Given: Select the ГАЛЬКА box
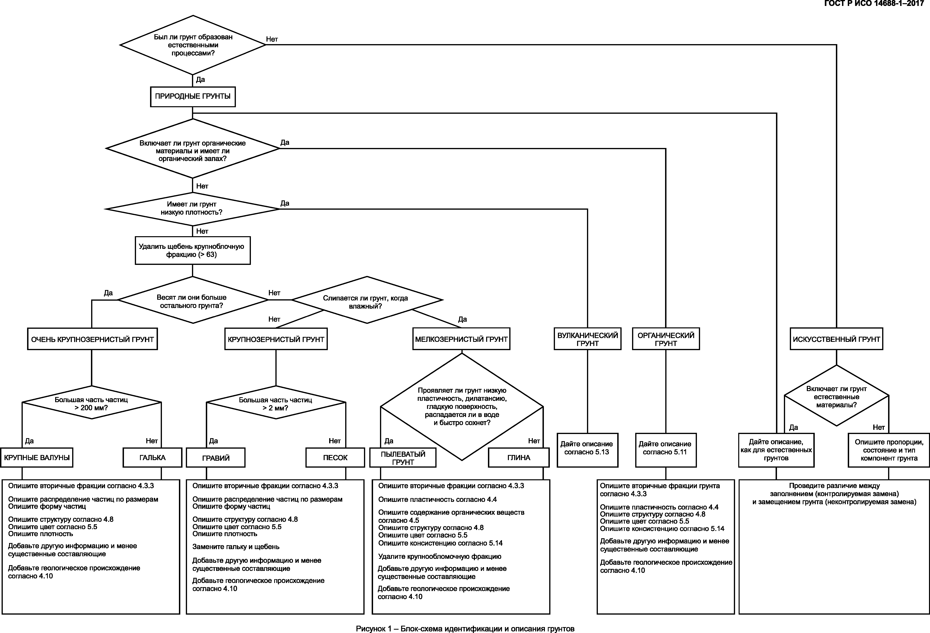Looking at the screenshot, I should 152,458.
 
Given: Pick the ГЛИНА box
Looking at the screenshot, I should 519,458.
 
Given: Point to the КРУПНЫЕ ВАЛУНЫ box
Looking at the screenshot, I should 37,458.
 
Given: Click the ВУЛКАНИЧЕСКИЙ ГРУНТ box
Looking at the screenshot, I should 587,339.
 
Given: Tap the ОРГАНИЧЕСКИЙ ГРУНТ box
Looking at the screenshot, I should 666,339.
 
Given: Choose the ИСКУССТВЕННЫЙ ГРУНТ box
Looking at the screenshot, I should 836,339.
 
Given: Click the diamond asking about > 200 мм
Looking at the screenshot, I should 92,403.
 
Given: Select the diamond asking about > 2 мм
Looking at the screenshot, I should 276,403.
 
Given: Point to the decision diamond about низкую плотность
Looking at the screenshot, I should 192,209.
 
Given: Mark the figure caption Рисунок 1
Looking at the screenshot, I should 465,629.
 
